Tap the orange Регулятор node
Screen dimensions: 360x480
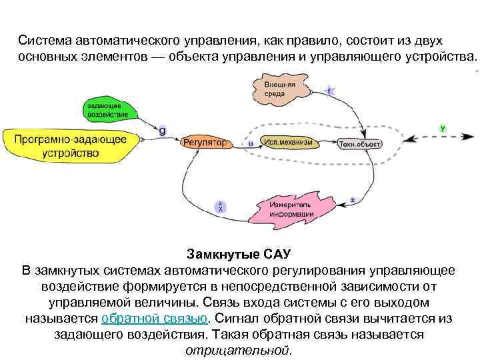[204, 143]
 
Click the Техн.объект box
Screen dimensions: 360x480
[359, 143]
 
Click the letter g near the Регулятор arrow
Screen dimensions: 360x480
[162, 130]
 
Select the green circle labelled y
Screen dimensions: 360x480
[443, 127]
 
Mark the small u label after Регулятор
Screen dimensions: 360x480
[250, 143]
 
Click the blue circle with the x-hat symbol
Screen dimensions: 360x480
[221, 207]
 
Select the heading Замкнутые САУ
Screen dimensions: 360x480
[239, 255]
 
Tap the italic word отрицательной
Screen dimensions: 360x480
[238, 350]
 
